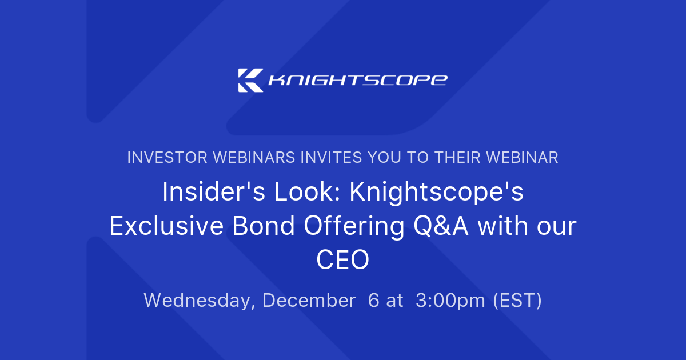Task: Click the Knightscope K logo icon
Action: coord(250,80)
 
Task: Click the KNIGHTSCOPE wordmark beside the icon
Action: coord(358,80)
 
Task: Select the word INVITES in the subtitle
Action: coord(329,157)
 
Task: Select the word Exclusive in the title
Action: coord(165,227)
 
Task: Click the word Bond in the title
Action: coord(264,227)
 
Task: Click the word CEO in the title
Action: coord(343,261)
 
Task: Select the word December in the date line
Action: coord(309,300)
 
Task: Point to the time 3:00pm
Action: coord(450,301)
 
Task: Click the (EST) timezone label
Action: coord(517,301)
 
